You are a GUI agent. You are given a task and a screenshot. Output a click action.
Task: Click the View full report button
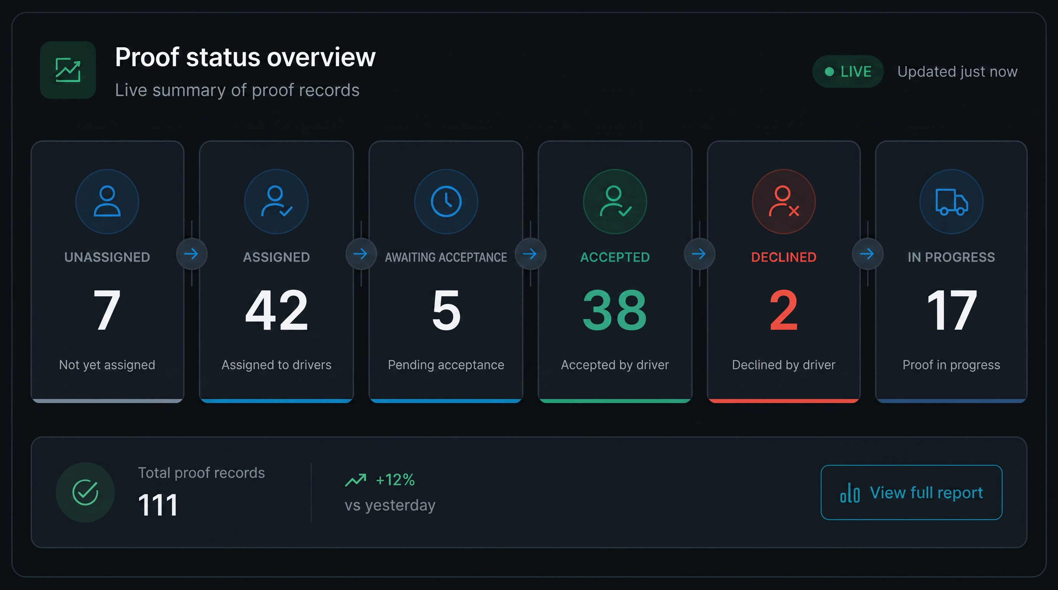point(911,492)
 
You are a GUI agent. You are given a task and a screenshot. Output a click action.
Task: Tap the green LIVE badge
point(847,71)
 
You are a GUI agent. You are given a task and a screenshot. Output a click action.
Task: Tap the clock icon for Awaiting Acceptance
point(446,201)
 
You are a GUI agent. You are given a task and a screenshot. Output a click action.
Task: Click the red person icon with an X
point(784,201)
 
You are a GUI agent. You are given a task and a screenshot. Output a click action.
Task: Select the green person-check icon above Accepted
point(615,201)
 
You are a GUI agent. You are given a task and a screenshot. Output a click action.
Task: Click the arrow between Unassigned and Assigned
point(191,254)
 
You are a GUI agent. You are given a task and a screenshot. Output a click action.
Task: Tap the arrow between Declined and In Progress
point(867,254)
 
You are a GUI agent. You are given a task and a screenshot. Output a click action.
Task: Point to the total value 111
point(158,505)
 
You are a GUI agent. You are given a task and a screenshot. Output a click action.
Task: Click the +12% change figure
point(395,480)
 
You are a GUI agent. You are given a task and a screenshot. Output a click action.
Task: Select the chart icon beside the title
point(68,70)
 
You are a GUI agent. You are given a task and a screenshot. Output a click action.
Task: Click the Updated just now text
point(957,72)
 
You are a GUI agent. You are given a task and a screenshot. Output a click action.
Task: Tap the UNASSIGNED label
point(107,257)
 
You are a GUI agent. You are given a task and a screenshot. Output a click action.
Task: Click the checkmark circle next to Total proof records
point(85,492)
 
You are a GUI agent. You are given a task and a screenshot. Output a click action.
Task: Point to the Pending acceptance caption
point(446,365)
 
